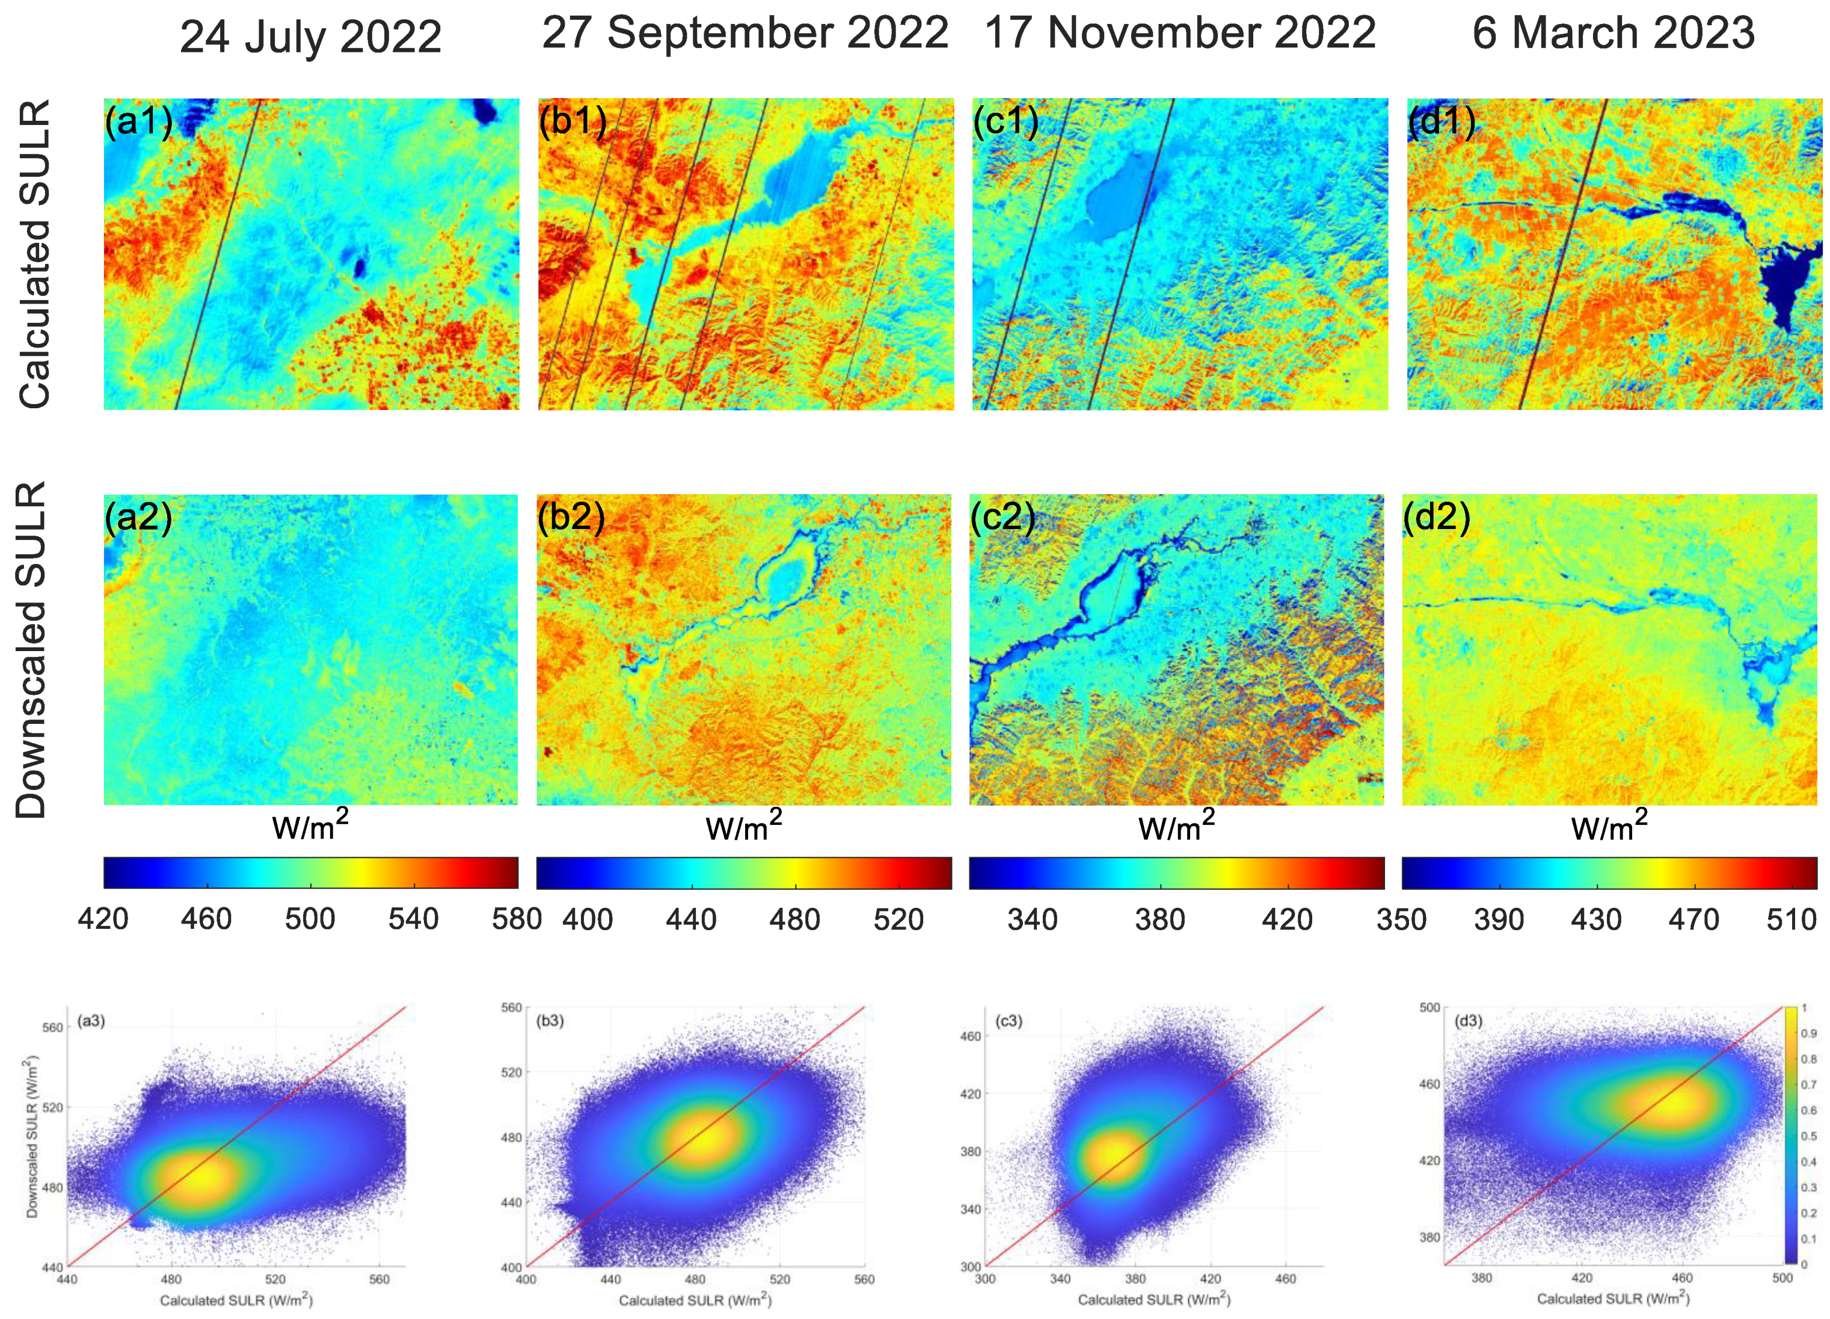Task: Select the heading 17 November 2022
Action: click(1180, 34)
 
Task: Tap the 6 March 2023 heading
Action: click(1613, 34)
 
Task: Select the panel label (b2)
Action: click(571, 517)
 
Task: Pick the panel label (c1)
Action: click(1006, 122)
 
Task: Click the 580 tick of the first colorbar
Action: click(517, 920)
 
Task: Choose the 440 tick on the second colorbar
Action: click(692, 920)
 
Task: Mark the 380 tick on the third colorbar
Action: click(1159, 920)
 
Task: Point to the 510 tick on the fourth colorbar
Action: click(1792, 920)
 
